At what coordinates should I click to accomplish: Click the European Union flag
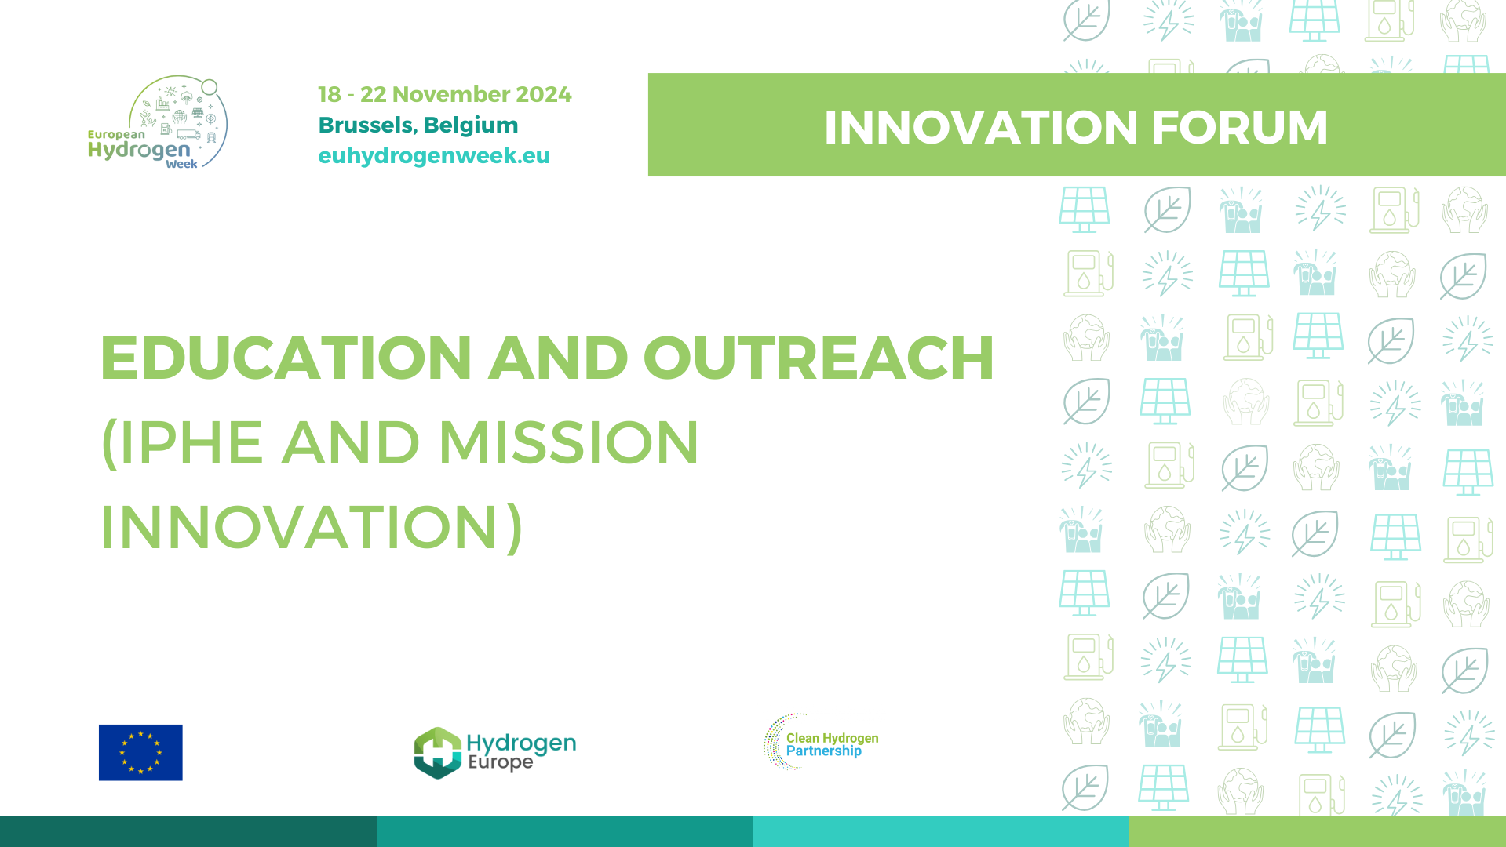click(x=140, y=752)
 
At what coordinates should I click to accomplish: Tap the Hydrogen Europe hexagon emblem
click(x=437, y=753)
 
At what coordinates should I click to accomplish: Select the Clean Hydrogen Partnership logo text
click(x=832, y=744)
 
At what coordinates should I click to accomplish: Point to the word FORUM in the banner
click(x=1239, y=127)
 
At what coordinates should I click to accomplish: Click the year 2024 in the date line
click(x=543, y=94)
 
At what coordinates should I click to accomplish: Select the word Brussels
click(x=366, y=125)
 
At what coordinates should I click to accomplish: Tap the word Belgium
click(x=471, y=125)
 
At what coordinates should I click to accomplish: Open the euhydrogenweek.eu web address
click(x=434, y=156)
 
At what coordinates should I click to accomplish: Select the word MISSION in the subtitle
click(x=568, y=443)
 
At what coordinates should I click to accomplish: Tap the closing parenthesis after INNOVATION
click(x=514, y=527)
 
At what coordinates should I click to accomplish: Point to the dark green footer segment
click(x=188, y=831)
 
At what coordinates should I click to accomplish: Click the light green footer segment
click(x=1317, y=831)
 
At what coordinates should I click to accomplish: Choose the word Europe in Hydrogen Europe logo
click(x=500, y=762)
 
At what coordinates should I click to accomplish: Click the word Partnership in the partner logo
click(x=824, y=751)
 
